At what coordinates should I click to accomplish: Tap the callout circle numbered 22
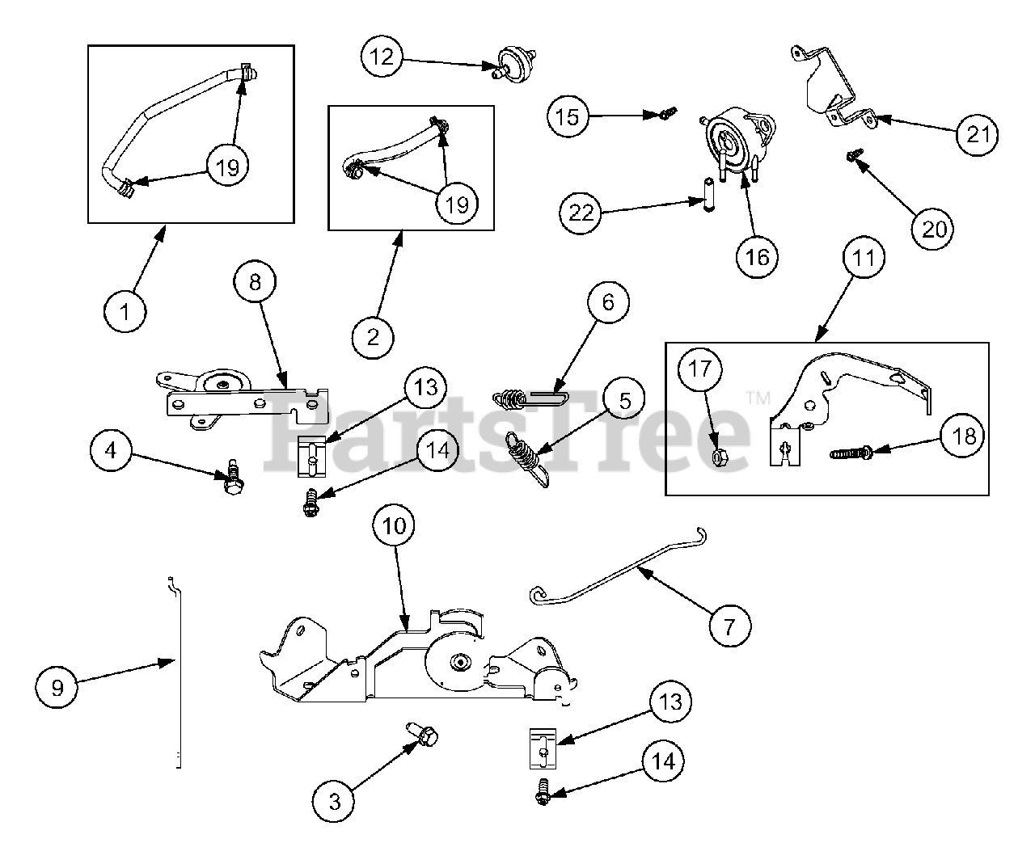coord(581,213)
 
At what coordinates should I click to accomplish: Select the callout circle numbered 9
coord(57,687)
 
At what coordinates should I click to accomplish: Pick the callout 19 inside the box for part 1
coord(228,166)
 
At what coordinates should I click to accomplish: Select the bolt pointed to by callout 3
coord(425,736)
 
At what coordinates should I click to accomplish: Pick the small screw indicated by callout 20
coord(853,154)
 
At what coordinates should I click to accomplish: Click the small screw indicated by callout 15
coord(663,115)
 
